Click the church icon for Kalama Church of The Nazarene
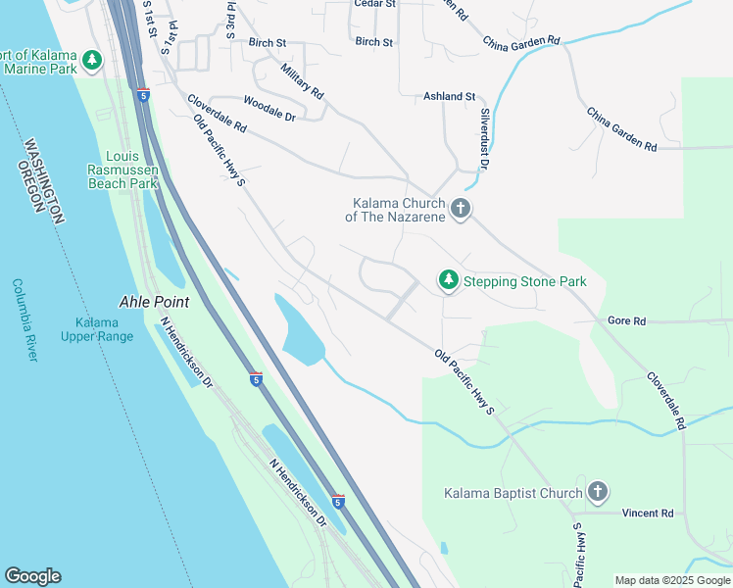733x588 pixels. [461, 208]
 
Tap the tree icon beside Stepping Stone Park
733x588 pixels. [448, 281]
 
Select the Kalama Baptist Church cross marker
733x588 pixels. [598, 492]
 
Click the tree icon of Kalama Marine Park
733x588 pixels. [92, 61]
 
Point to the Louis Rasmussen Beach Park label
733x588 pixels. [122, 170]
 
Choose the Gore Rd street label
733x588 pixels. [626, 320]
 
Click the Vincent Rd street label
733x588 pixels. [648, 513]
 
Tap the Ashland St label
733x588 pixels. [449, 97]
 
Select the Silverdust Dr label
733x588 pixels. [483, 138]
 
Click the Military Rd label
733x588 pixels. [301, 81]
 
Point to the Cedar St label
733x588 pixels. [374, 4]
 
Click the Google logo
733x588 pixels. [32, 576]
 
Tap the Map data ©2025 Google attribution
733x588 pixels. [671, 580]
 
